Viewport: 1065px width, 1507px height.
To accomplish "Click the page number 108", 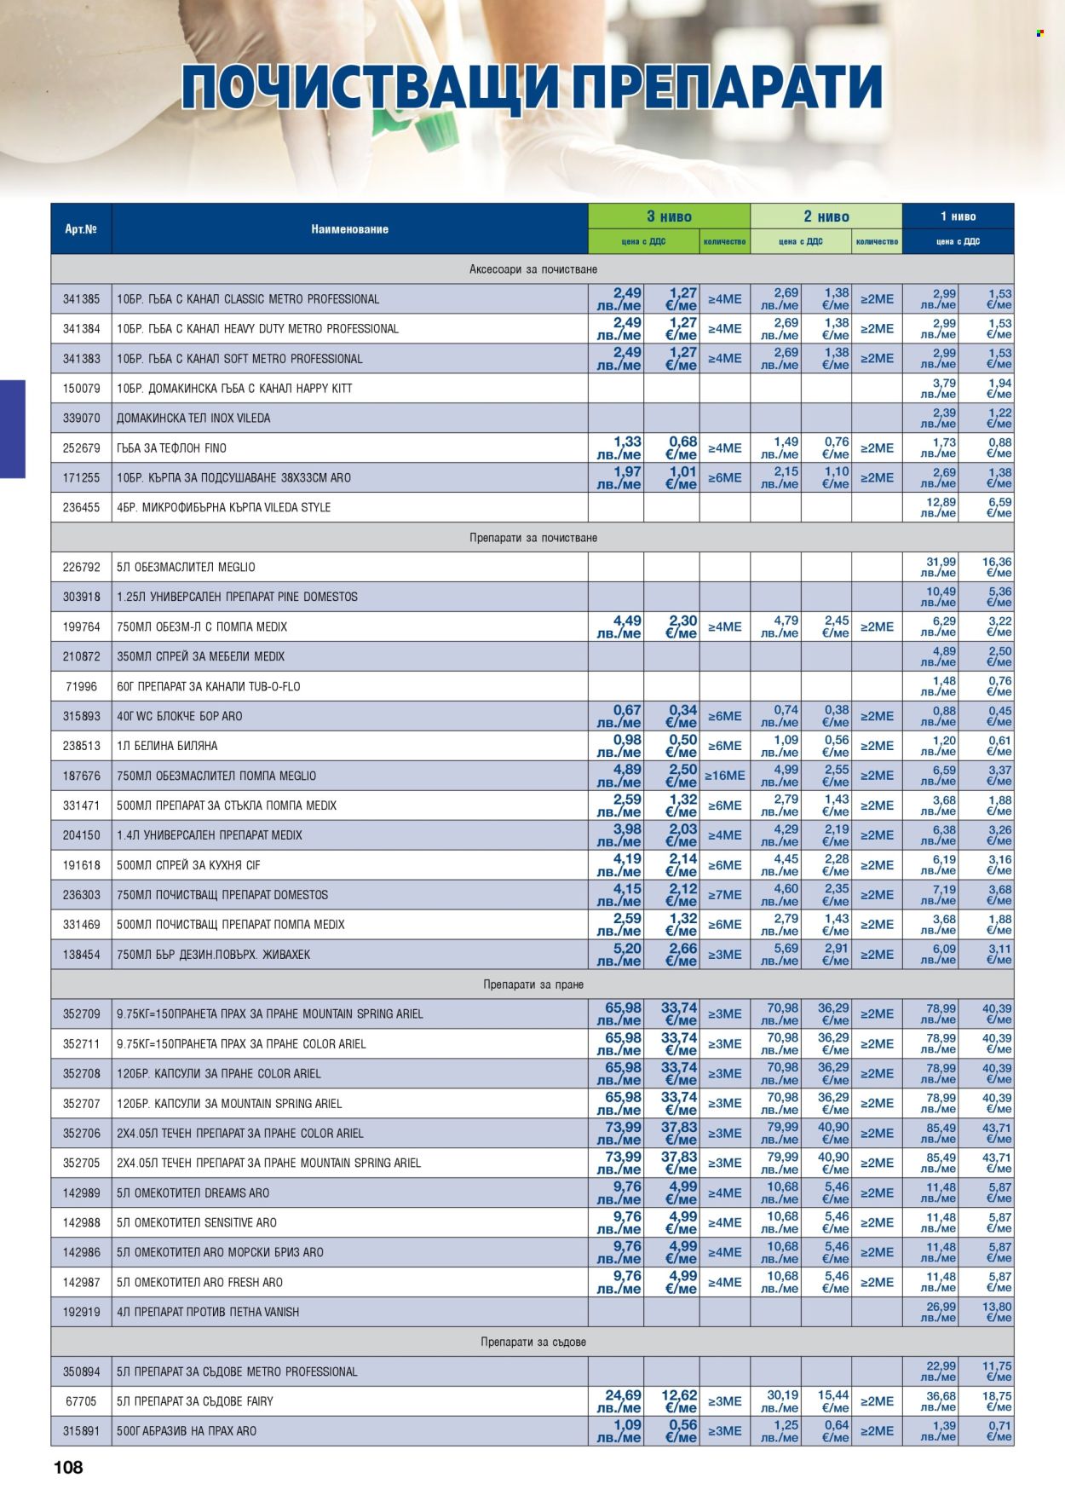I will point(68,1466).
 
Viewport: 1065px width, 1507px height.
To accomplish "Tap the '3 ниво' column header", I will point(669,217).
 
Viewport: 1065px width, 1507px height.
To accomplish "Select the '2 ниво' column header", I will point(826,217).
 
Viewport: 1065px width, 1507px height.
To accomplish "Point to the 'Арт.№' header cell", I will point(81,228).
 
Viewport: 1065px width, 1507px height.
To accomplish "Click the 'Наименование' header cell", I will point(349,228).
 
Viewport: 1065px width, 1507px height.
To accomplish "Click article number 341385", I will point(81,299).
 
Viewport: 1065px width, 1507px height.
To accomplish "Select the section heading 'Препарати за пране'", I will point(532,984).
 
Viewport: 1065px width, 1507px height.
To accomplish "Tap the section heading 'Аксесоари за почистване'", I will point(532,269).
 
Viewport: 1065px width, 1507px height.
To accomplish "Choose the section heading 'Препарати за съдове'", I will point(532,1342).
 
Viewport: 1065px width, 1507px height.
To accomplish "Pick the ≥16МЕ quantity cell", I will point(724,776).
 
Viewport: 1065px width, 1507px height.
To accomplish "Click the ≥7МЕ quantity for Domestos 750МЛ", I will point(724,895).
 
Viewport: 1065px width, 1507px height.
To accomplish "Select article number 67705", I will point(81,1401).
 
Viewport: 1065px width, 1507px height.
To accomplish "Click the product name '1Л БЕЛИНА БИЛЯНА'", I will point(167,746).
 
